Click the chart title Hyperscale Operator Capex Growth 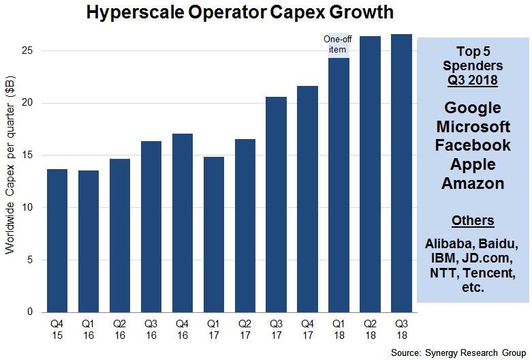click(x=239, y=12)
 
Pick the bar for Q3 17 click(x=276, y=204)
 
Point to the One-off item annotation click(x=339, y=45)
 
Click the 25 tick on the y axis click(x=29, y=51)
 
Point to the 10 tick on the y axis click(x=29, y=208)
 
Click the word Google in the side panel click(x=472, y=108)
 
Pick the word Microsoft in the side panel click(x=472, y=127)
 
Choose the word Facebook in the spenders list click(x=472, y=146)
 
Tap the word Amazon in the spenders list click(x=472, y=183)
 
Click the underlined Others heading click(x=472, y=221)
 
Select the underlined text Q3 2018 click(x=472, y=80)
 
